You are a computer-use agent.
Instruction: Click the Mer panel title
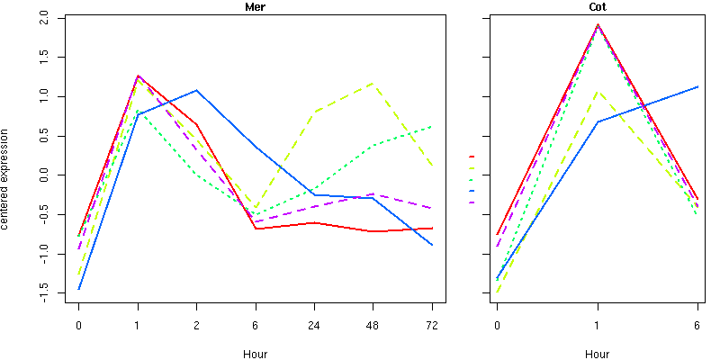click(x=256, y=7)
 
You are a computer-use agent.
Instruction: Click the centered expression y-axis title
click(x=6, y=177)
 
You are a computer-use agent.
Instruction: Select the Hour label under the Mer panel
click(x=255, y=354)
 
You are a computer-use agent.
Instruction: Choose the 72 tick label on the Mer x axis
click(x=432, y=325)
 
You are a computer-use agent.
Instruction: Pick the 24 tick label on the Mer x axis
click(x=314, y=325)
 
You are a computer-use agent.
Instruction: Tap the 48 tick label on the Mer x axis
click(x=373, y=325)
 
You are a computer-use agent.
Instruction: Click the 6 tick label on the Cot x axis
click(x=697, y=325)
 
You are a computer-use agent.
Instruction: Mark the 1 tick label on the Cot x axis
click(x=598, y=325)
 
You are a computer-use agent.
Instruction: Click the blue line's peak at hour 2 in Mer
click(x=196, y=90)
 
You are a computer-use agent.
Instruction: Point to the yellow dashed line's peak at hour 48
click(x=373, y=84)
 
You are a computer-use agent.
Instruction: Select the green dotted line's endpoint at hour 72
click(x=432, y=126)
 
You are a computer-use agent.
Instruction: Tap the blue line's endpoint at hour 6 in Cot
click(x=697, y=86)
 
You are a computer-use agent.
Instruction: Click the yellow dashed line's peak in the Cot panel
click(x=598, y=92)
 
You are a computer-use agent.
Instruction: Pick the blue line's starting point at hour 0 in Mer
click(x=79, y=289)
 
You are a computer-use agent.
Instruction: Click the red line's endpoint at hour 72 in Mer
click(x=432, y=228)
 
